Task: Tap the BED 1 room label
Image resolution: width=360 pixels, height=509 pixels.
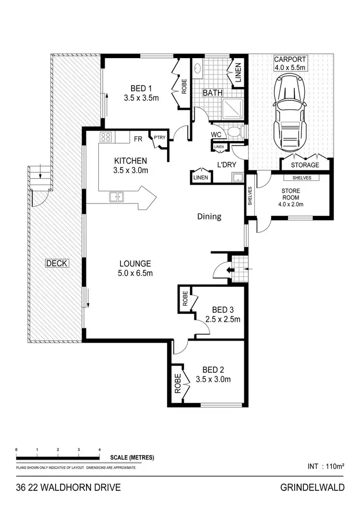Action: (141, 88)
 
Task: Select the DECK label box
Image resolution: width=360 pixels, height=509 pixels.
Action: (57, 263)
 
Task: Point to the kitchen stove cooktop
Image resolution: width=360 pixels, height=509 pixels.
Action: (106, 137)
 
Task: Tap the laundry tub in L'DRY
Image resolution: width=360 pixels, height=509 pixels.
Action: (237, 178)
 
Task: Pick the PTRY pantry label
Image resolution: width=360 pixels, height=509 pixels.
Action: (159, 137)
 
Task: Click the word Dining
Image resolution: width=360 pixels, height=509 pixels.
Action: (209, 216)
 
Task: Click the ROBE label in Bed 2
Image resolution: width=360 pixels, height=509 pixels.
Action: (177, 384)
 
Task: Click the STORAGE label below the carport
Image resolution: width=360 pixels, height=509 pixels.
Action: (305, 165)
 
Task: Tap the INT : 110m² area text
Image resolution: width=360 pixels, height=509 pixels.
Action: (325, 466)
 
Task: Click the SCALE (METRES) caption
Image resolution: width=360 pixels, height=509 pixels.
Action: (132, 458)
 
